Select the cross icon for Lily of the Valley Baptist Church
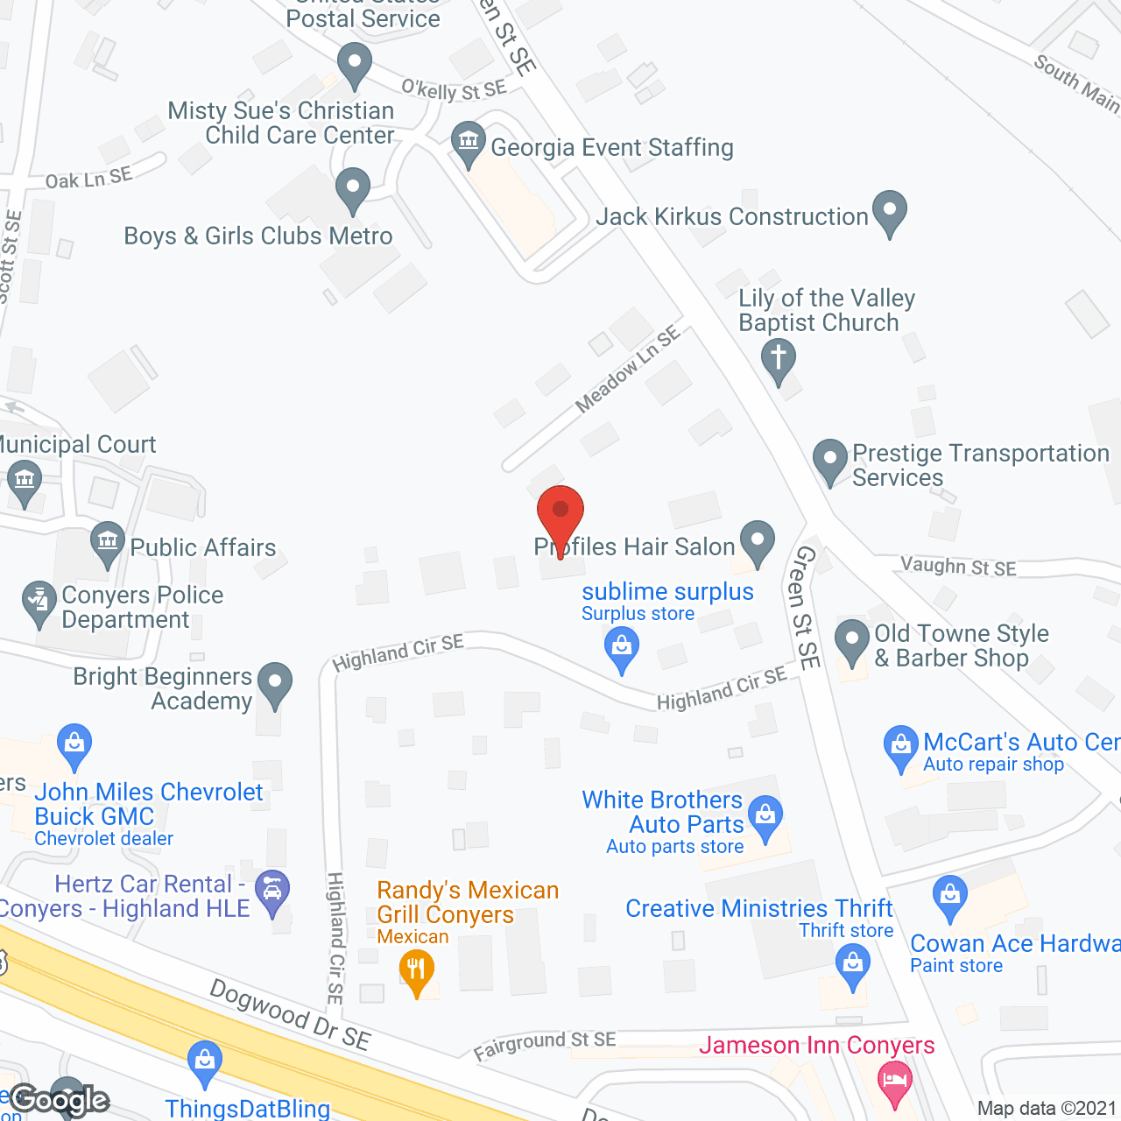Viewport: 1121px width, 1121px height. pos(778,359)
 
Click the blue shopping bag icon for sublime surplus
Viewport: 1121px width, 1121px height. pos(622,649)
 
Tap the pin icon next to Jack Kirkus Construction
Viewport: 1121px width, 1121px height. pos(890,211)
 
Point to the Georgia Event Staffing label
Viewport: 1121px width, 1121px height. pos(611,147)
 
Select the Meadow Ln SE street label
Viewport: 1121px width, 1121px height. pos(627,369)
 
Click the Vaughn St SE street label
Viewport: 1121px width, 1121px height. pos(958,567)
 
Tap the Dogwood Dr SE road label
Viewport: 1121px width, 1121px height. pos(290,1014)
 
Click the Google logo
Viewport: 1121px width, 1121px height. pos(60,1100)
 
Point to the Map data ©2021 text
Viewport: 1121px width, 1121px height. pos(1047,1108)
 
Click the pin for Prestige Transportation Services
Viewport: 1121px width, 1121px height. pos(829,459)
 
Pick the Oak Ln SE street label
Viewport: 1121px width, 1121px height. pos(88,179)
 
